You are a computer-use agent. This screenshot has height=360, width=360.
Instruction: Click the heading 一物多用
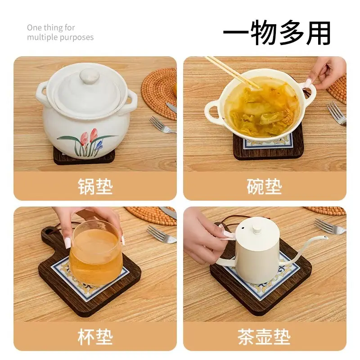[x=277, y=33]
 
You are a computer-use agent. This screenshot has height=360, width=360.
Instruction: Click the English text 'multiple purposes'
[x=60, y=37]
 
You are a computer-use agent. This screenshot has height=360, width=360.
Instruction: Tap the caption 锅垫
[x=95, y=186]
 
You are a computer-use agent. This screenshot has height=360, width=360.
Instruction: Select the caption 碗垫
[x=264, y=186]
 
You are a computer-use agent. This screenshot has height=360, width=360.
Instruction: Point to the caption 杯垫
[x=95, y=337]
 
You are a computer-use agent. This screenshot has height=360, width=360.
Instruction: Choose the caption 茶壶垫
[x=264, y=337]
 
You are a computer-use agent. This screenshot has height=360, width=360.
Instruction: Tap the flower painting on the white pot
[x=88, y=142]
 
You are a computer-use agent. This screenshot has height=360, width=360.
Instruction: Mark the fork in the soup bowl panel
[x=336, y=113]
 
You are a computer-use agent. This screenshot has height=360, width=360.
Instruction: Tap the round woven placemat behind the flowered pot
[x=159, y=94]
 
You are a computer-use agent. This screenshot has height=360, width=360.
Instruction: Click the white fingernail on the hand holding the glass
[x=68, y=243]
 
